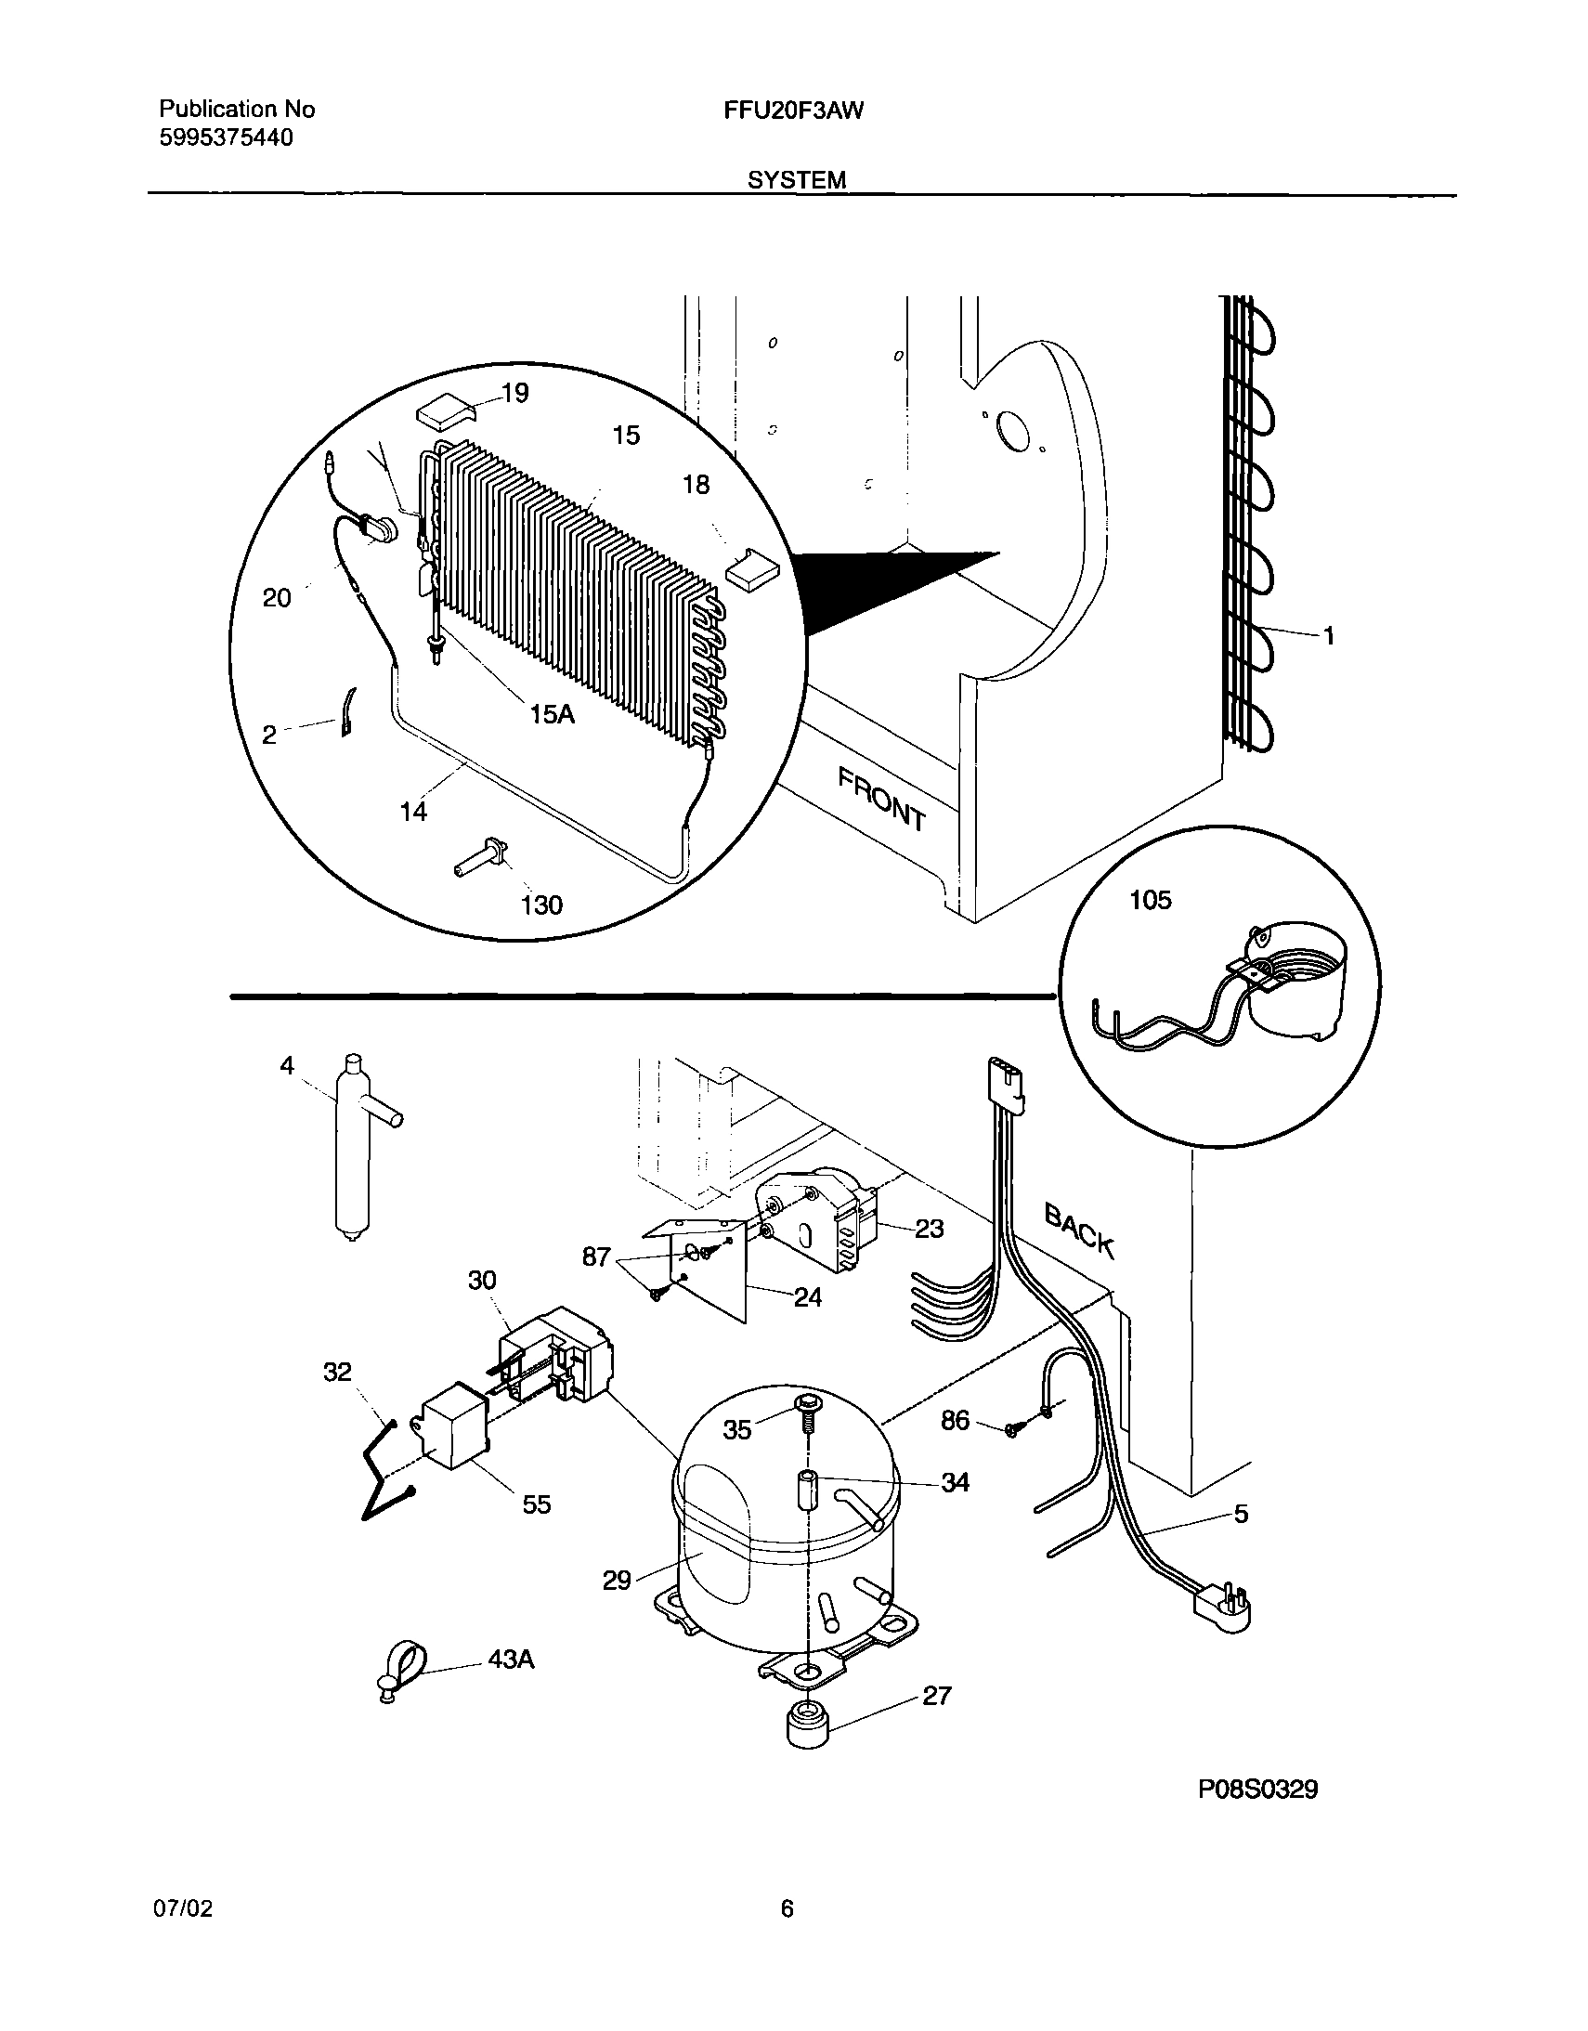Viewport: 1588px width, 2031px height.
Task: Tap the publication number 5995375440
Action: (x=226, y=138)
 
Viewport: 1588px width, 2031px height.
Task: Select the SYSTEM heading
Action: (x=797, y=180)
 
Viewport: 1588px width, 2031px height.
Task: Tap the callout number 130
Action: (x=541, y=905)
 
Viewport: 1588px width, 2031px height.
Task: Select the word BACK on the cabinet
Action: (x=1079, y=1230)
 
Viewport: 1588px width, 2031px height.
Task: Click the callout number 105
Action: (x=1150, y=900)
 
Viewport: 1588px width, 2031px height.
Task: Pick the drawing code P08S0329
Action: (x=1257, y=1790)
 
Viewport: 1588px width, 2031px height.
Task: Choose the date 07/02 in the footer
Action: (x=182, y=1909)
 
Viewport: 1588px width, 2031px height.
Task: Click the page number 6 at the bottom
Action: (x=787, y=1909)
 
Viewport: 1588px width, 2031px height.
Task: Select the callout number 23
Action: (x=929, y=1230)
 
